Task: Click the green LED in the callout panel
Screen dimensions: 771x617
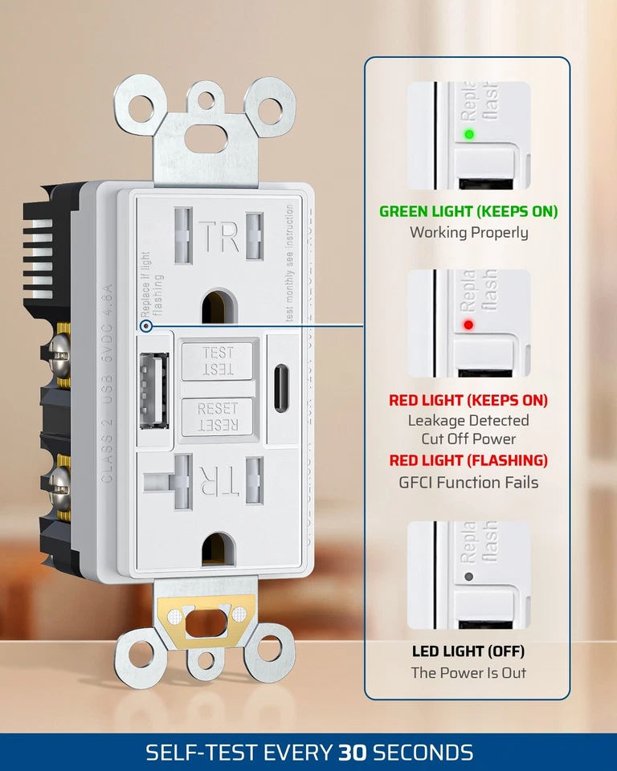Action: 468,134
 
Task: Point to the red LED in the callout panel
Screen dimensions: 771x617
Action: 468,325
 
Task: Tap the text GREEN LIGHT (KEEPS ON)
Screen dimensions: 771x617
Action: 468,212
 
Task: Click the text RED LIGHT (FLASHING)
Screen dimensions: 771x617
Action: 468,461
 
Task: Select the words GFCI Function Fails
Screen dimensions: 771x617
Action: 468,483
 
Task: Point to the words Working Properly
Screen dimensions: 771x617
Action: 468,233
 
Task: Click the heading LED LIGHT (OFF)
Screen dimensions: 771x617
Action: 468,651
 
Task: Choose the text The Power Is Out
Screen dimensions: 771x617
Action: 468,673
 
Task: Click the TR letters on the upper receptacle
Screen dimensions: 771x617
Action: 219,238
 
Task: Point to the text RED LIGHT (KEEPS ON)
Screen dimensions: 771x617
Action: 468,400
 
